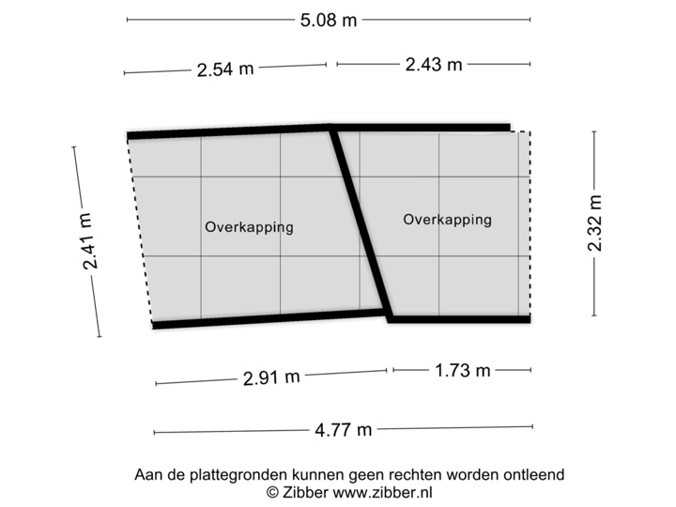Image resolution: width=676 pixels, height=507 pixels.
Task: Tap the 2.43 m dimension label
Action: [433, 65]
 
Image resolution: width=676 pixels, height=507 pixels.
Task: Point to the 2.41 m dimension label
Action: [87, 240]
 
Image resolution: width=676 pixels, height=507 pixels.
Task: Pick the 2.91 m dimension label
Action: [272, 377]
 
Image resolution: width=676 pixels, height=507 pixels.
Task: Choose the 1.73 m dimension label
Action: [462, 370]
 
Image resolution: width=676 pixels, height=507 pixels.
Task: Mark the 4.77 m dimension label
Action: [345, 430]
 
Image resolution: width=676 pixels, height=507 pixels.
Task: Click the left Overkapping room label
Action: [249, 227]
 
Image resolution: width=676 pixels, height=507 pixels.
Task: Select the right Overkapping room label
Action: [447, 220]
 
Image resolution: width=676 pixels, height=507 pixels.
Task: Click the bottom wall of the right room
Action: [460, 320]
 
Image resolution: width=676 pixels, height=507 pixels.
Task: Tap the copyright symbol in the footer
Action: [271, 491]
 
